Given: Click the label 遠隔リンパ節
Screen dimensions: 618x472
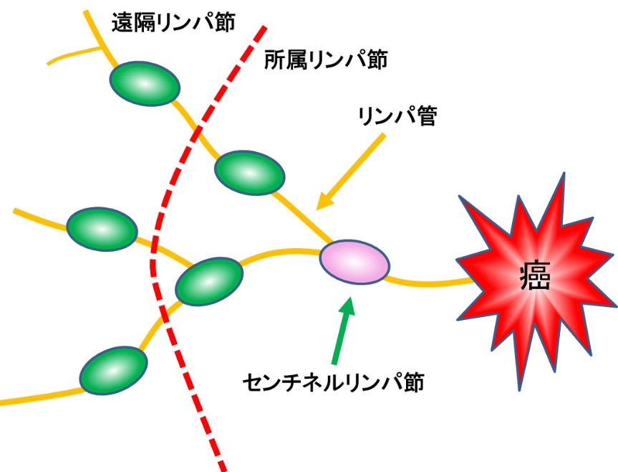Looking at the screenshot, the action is [173, 22].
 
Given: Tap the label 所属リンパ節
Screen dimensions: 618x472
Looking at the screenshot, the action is [326, 60].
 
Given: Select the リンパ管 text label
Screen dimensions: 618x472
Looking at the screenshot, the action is [397, 116].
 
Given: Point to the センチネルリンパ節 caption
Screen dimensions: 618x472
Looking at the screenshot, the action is [333, 382].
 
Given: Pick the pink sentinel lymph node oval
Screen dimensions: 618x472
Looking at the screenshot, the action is [354, 262].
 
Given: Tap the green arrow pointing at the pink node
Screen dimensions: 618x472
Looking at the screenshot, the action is [342, 330].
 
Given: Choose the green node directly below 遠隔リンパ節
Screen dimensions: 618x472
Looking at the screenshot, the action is [145, 84].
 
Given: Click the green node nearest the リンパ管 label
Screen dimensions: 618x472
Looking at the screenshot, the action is [249, 172].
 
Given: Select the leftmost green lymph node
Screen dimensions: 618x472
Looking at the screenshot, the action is [102, 229].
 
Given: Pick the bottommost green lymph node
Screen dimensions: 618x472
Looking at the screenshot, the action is [114, 370].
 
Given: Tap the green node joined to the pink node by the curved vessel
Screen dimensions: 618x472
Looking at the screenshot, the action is [209, 281].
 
